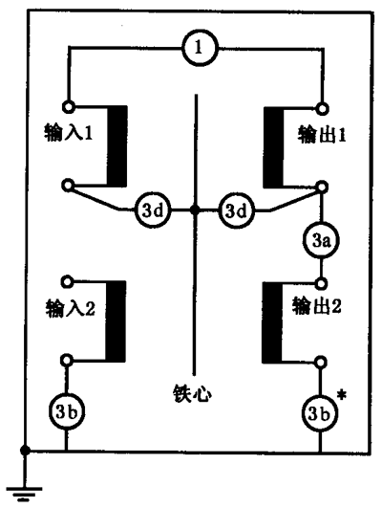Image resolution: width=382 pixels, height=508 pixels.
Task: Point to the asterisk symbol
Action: click(341, 396)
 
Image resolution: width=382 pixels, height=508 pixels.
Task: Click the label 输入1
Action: click(68, 133)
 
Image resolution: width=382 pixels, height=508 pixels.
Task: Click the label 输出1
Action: click(322, 135)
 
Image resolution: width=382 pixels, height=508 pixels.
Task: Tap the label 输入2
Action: click(70, 308)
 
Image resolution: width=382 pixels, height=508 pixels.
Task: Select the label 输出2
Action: click(317, 306)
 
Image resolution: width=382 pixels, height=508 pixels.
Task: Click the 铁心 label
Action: click(193, 394)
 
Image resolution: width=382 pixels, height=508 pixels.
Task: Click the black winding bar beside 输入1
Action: click(117, 145)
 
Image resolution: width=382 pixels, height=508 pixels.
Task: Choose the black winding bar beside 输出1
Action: click(274, 147)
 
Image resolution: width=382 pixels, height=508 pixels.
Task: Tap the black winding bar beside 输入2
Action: click(116, 321)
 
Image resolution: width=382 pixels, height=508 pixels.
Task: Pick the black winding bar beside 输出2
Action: click(272, 322)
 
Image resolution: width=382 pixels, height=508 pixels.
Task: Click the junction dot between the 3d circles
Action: click(195, 210)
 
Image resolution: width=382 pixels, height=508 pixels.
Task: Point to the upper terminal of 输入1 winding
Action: click(68, 106)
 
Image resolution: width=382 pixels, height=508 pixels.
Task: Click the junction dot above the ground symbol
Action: click(25, 450)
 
